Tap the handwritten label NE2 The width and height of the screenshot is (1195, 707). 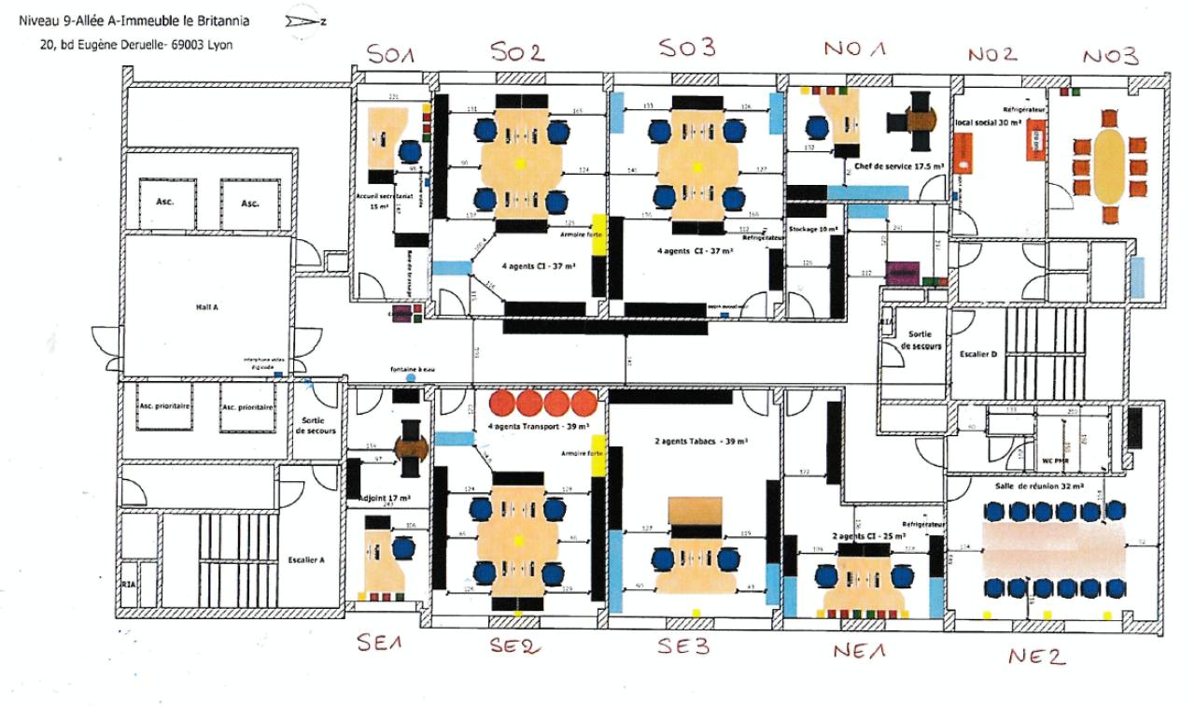[1035, 657]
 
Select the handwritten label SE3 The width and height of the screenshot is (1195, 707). [686, 645]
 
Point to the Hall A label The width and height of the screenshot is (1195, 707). [207, 305]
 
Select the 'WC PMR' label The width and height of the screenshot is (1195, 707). [1054, 461]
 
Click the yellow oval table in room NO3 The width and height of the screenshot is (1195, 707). [1109, 165]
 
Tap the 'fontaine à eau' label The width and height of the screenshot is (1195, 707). [413, 371]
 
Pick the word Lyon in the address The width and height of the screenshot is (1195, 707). [219, 44]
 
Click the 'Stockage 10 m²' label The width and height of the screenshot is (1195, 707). [813, 229]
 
